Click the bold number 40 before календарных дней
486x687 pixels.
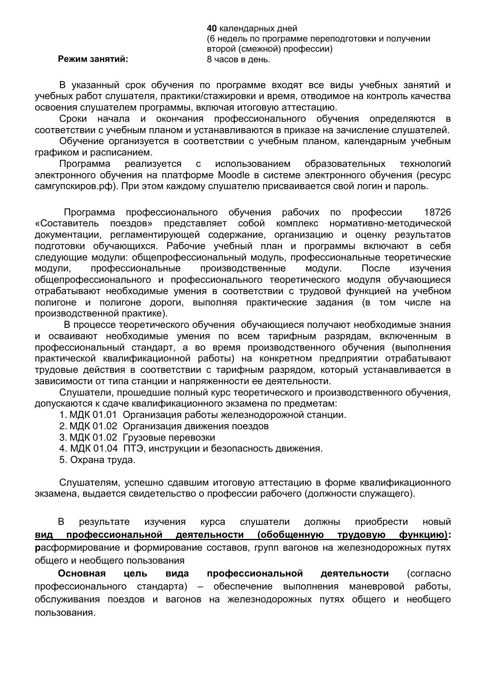211,29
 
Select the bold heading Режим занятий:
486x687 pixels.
93,59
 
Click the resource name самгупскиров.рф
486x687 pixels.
76,186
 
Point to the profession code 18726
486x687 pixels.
437,212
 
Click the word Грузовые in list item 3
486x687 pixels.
141,437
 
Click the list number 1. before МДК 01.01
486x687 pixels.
63,415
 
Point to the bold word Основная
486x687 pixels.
82,574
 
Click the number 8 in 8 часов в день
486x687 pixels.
210,60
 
